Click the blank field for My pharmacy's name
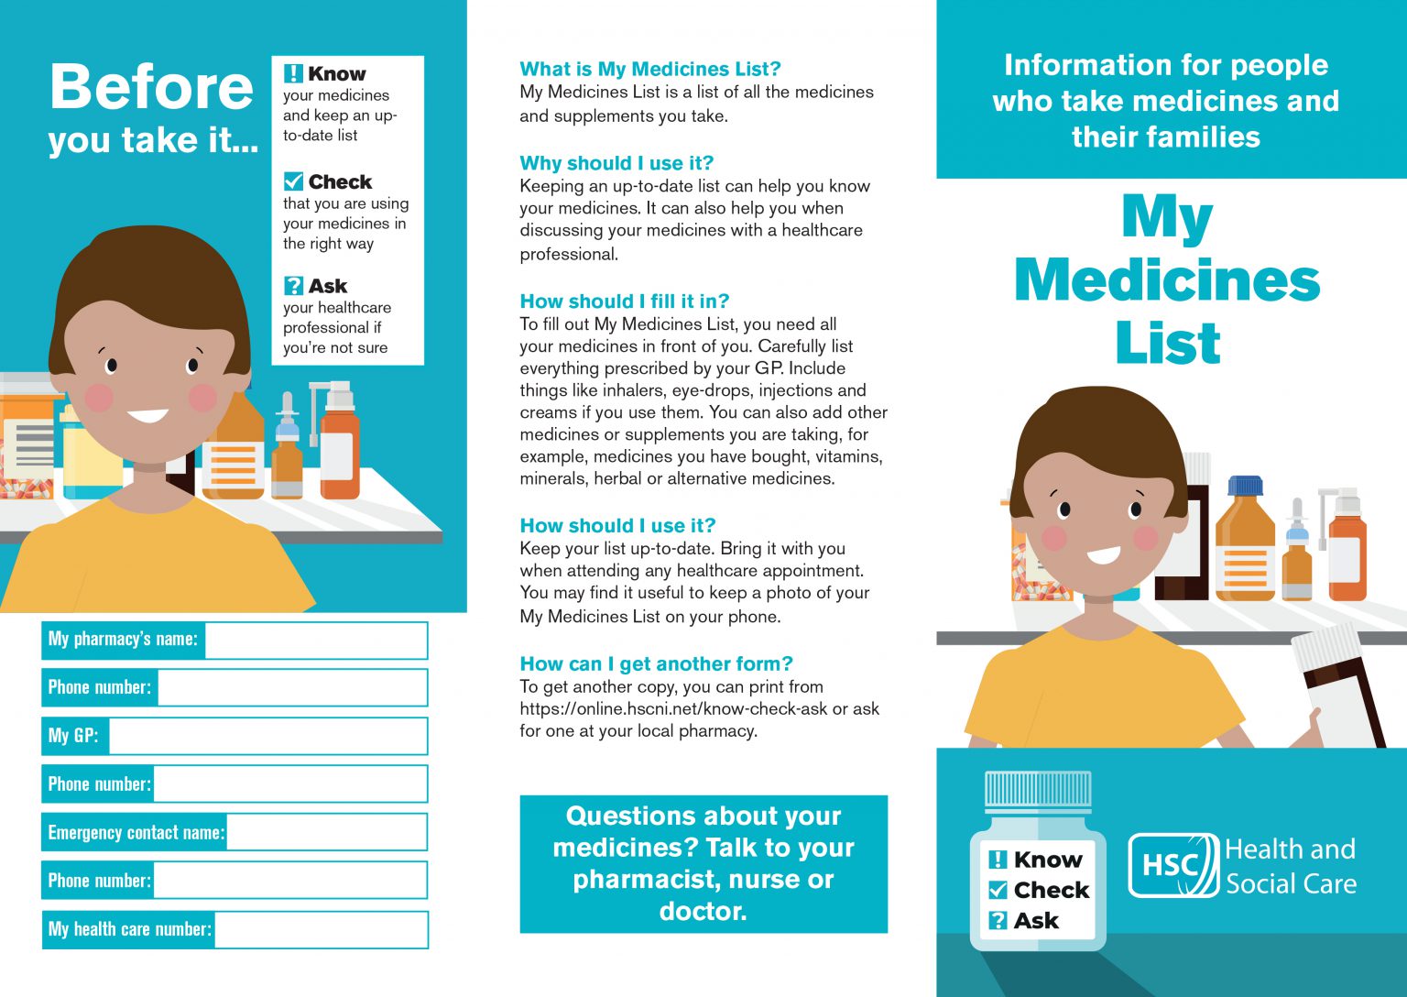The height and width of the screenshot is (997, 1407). [x=316, y=640]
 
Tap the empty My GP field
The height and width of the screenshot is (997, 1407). [x=267, y=736]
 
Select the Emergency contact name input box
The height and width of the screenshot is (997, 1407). [x=326, y=832]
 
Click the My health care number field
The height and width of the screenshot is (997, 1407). [x=321, y=929]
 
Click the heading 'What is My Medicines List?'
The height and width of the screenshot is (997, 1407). [x=649, y=69]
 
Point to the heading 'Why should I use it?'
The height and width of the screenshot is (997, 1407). [x=616, y=163]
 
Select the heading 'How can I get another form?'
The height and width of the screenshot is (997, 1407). [x=656, y=663]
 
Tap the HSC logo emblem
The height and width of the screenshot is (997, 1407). [x=1172, y=865]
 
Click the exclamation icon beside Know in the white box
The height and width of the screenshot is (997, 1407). [x=293, y=73]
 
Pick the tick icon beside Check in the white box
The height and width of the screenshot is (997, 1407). [x=293, y=181]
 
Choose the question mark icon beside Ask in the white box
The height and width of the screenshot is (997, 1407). [x=293, y=286]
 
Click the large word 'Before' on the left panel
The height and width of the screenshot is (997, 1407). [x=151, y=87]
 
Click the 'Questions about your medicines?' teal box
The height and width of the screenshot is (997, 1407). [x=703, y=863]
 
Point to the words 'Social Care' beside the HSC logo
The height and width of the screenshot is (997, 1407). [x=1291, y=884]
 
